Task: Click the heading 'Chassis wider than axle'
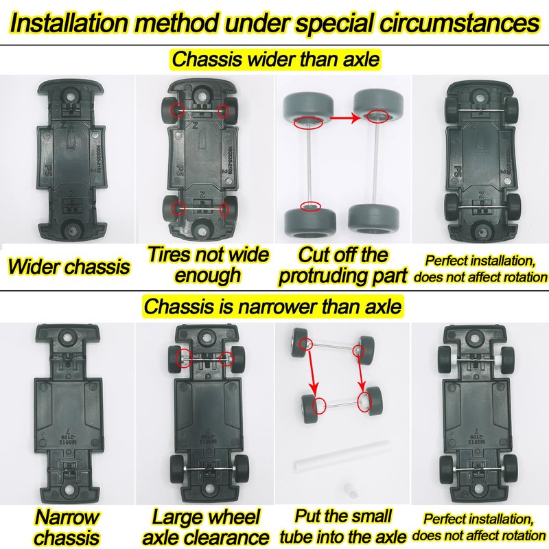click(x=276, y=59)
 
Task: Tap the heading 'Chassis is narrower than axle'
click(x=272, y=306)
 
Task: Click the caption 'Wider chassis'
click(x=69, y=266)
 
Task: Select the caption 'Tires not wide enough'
click(x=208, y=264)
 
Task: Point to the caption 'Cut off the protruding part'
click(x=342, y=265)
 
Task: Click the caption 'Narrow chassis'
click(x=67, y=527)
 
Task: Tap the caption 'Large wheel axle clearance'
click(x=205, y=527)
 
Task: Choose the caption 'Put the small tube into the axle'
click(x=342, y=526)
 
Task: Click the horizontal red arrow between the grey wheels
click(x=345, y=118)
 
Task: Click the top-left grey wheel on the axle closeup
click(x=307, y=107)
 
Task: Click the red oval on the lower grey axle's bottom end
click(x=311, y=207)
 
